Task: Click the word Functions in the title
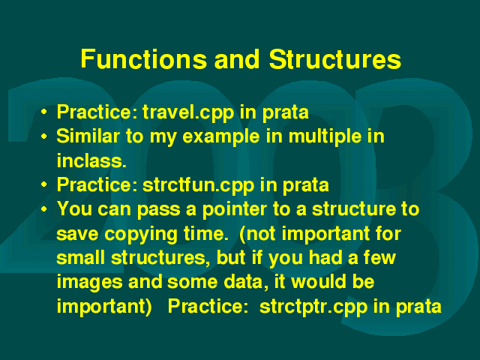pyautogui.click(x=144, y=58)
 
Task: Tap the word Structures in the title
pyautogui.click(x=335, y=58)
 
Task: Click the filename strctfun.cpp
pyautogui.click(x=198, y=186)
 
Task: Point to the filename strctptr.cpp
pyautogui.click(x=313, y=307)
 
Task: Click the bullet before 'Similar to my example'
pyautogui.click(x=44, y=136)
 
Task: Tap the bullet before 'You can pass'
pyautogui.click(x=44, y=209)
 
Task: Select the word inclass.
pyautogui.click(x=91, y=160)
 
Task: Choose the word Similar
pyautogui.click(x=88, y=136)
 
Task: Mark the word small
pyautogui.click(x=81, y=257)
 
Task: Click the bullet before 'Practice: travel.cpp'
pyautogui.click(x=44, y=112)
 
